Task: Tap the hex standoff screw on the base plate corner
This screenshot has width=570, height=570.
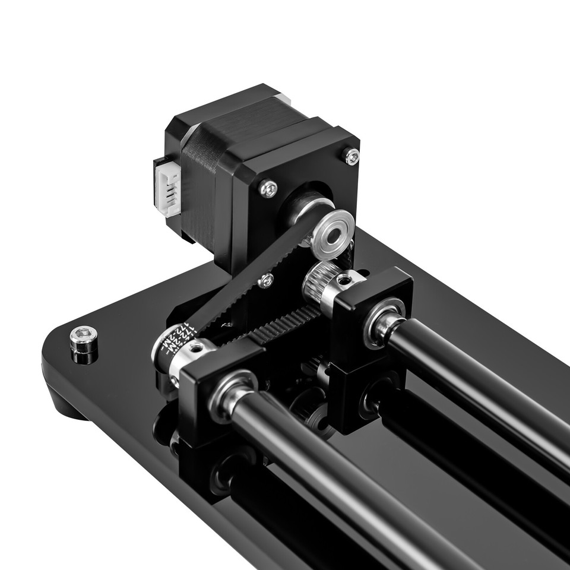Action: (84, 340)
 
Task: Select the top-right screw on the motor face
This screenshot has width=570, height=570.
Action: (352, 156)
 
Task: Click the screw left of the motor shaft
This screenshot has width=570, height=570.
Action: (268, 189)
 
